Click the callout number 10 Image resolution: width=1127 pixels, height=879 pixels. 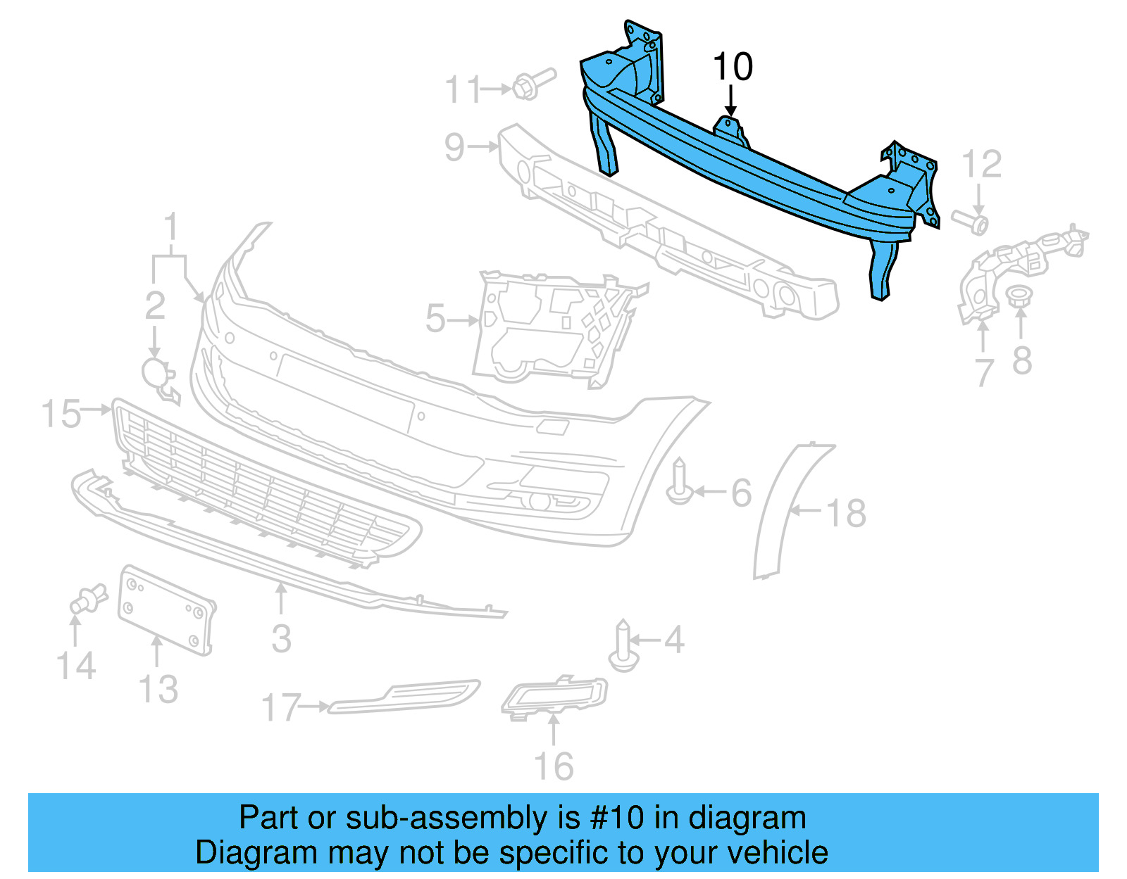(x=733, y=67)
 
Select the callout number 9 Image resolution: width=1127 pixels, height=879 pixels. (x=454, y=147)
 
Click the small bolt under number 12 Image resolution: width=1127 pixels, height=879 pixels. (x=971, y=221)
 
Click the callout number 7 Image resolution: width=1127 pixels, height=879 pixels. (x=984, y=372)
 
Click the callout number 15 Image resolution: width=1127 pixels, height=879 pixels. (x=61, y=414)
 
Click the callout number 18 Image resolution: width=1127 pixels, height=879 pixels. (x=846, y=512)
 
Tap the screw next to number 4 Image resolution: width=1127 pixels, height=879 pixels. (x=623, y=645)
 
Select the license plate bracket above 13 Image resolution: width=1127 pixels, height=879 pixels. (x=166, y=609)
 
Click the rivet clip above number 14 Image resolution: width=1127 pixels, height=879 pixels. (x=87, y=600)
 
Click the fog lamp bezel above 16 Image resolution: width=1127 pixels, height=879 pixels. (x=555, y=697)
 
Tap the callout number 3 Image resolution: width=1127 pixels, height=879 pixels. (x=281, y=638)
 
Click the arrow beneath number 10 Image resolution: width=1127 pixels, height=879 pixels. (x=732, y=101)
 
